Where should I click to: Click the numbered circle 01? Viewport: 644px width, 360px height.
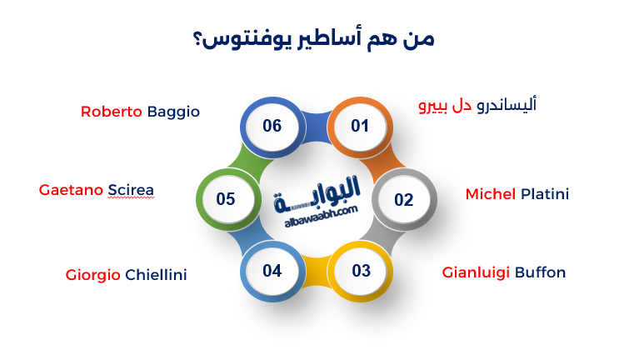(360, 127)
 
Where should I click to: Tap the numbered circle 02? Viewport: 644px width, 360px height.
(403, 200)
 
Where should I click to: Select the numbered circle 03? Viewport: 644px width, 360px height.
(361, 271)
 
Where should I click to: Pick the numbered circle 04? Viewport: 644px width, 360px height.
(272, 271)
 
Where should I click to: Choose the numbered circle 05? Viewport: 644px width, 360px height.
(226, 200)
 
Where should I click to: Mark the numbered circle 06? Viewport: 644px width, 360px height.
(272, 127)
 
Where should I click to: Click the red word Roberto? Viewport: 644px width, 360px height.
(112, 112)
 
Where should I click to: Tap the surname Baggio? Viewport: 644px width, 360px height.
(173, 112)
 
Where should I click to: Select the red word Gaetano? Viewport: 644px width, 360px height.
(72, 190)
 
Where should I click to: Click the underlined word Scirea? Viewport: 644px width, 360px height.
(132, 190)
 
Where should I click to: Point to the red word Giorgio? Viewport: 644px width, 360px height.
(93, 274)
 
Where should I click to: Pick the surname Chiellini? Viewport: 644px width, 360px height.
(156, 274)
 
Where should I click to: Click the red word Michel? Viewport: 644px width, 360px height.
(491, 194)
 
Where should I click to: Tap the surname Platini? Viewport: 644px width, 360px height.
(545, 194)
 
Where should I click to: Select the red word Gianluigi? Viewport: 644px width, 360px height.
(477, 272)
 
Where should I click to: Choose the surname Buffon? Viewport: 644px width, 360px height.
(540, 272)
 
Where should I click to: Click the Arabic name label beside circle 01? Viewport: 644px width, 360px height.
(477, 106)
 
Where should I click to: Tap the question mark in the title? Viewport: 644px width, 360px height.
(200, 40)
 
